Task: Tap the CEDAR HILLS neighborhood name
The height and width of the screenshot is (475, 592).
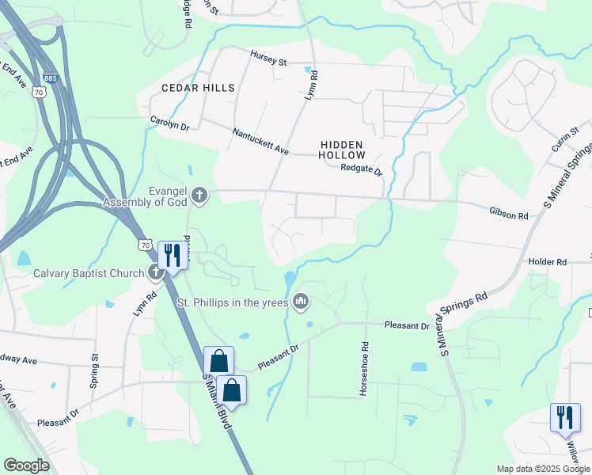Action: click(x=198, y=87)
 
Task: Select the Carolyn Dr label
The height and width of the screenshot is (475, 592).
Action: click(x=170, y=123)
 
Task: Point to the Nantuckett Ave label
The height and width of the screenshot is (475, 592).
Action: click(x=260, y=142)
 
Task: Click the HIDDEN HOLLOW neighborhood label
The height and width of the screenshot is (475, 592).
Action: click(x=342, y=150)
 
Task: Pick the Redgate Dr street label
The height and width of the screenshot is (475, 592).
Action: click(x=361, y=169)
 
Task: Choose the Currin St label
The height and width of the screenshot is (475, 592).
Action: click(x=566, y=139)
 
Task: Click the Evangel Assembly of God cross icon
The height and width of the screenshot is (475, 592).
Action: click(x=199, y=194)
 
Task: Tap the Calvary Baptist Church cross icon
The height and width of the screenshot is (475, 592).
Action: click(x=156, y=273)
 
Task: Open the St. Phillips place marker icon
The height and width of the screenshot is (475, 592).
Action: click(x=301, y=301)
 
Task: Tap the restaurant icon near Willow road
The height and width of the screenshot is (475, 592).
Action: click(x=564, y=416)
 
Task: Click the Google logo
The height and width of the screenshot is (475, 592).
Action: click(x=26, y=465)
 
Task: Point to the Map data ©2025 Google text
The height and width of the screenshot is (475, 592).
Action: click(x=543, y=469)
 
